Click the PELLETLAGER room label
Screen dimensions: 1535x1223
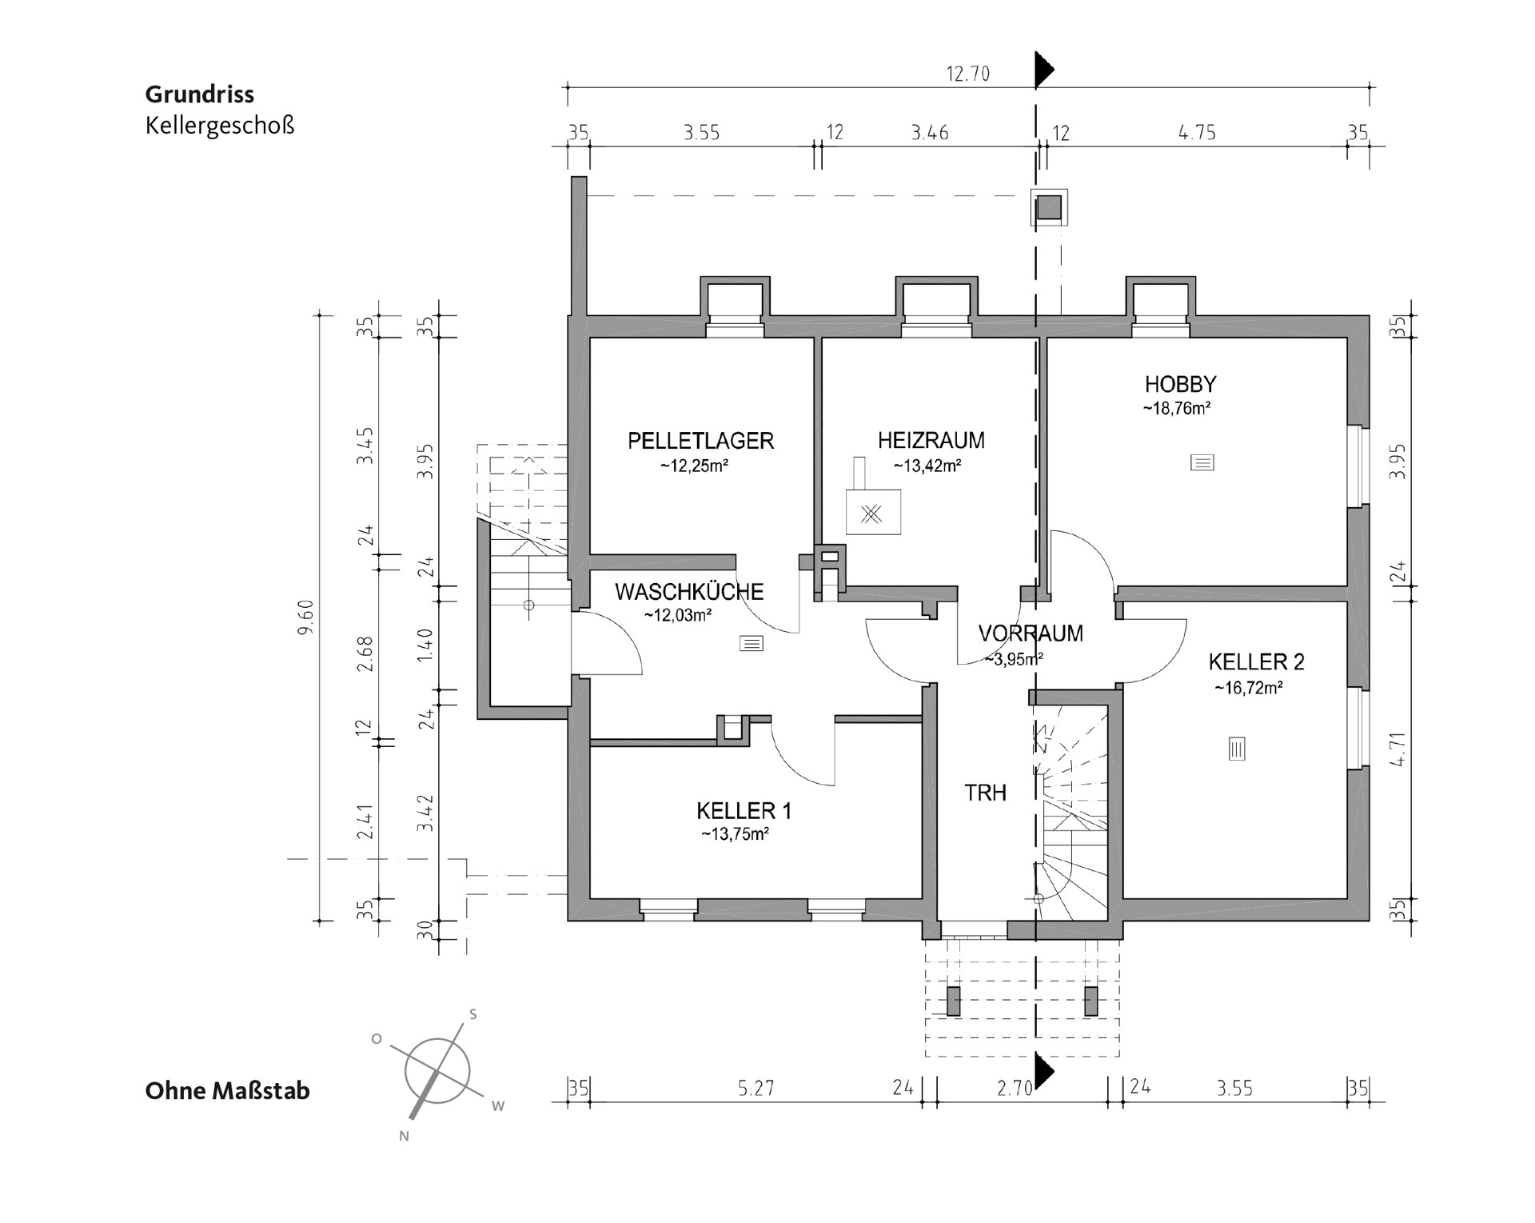[x=700, y=441]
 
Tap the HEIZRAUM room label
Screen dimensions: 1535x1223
[x=931, y=440]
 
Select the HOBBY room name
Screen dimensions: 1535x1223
[x=1180, y=384]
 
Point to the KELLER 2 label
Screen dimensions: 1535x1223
[x=1256, y=661]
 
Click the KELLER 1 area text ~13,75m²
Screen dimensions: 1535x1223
[x=735, y=834]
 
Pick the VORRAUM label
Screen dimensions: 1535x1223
[x=1031, y=633]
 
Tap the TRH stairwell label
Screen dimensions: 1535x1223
[x=985, y=793]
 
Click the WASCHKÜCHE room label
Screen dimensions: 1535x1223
[x=689, y=592]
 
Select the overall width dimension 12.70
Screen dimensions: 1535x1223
[x=967, y=74]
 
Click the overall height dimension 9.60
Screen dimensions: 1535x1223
[x=305, y=617]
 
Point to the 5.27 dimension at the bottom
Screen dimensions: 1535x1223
[x=756, y=1089]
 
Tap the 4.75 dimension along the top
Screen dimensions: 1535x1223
[x=1197, y=132]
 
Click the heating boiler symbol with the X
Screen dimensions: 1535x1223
[x=873, y=513]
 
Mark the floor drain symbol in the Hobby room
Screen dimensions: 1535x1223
[x=1202, y=462]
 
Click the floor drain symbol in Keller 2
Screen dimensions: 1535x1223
[x=1236, y=749]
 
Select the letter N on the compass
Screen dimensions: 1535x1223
[x=404, y=1136]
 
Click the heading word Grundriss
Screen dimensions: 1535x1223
[x=200, y=94]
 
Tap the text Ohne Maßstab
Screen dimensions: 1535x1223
[x=227, y=1091]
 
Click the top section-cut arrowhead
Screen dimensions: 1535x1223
[x=1043, y=70]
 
